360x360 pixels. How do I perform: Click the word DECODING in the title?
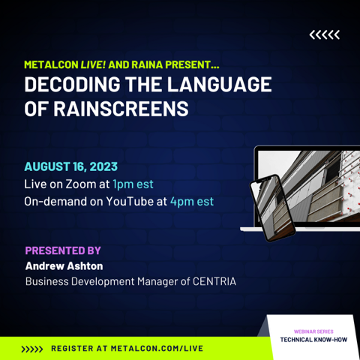coord(72,84)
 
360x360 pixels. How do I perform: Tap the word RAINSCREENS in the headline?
coord(121,109)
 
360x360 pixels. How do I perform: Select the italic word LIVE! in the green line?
coord(93,64)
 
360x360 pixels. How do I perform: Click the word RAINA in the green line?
coord(147,64)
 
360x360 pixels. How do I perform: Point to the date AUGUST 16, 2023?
coord(71,166)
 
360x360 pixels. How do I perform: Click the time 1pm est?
coord(133,184)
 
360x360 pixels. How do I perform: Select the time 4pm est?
coord(192,202)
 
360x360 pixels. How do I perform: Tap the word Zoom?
coord(81,184)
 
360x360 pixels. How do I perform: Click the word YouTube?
coord(130,201)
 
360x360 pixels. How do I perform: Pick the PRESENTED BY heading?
coord(63,250)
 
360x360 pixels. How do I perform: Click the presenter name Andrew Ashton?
coord(64,266)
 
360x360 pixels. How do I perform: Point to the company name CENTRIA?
coord(214,281)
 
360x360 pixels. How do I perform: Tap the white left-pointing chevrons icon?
coord(325,34)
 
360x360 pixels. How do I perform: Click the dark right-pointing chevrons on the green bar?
coord(32,349)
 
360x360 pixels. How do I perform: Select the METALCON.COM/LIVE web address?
coord(157,349)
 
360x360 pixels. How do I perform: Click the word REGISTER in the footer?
coord(72,349)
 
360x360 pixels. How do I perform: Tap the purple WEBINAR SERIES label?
coord(313,331)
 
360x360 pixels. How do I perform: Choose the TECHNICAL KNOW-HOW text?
coord(313,340)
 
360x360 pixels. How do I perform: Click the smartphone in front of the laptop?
coord(273,208)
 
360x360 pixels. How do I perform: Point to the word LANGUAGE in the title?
coord(220,84)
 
